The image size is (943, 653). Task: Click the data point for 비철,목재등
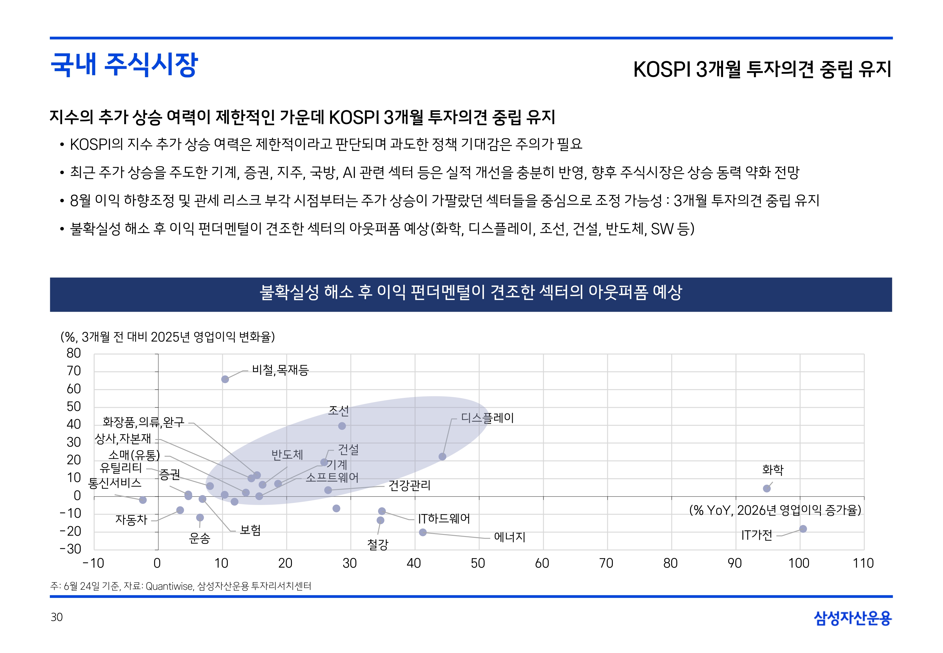225,379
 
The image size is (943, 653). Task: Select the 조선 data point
342,426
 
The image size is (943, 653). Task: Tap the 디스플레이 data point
442,457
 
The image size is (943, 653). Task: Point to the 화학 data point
767,488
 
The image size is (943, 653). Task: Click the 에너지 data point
423,532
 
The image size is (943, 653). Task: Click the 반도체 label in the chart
287,454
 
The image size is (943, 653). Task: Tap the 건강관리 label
409,486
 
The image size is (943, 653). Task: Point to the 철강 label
377,544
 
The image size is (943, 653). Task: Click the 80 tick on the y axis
74,353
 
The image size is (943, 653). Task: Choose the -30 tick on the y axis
71,549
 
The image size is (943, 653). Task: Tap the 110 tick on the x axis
863,563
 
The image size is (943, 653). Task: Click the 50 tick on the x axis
478,563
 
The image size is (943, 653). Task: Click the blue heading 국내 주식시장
124,65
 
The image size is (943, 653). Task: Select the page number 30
57,617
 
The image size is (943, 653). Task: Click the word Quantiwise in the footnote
169,586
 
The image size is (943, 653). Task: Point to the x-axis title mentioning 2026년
775,510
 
